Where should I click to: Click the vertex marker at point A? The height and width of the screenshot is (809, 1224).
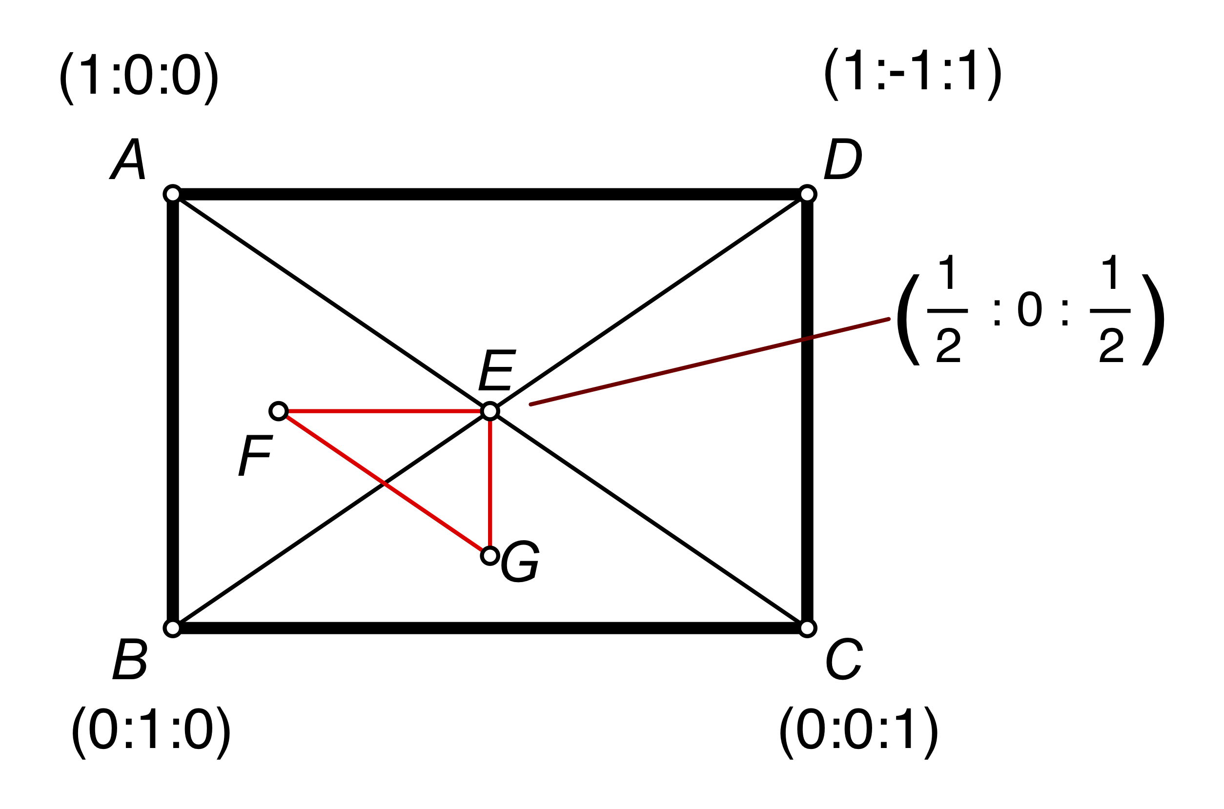click(x=173, y=194)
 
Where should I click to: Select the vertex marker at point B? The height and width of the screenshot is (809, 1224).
click(x=173, y=628)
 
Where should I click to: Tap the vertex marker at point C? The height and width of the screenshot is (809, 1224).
click(x=807, y=628)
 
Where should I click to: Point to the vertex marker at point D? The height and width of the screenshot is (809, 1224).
click(x=807, y=194)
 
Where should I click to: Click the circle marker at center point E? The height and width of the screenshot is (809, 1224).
click(x=490, y=411)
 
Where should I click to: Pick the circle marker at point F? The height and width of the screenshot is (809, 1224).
click(x=279, y=411)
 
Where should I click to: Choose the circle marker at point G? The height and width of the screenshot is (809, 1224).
click(x=490, y=556)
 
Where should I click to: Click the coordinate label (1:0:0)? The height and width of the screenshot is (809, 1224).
click(x=139, y=79)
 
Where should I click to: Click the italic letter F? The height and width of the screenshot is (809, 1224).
click(x=256, y=455)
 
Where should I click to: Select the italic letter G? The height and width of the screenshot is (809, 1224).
click(x=520, y=561)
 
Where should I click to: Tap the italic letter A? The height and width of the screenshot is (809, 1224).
click(x=127, y=159)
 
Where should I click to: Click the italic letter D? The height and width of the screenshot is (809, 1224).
click(x=843, y=159)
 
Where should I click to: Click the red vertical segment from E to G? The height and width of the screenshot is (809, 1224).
click(x=490, y=485)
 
